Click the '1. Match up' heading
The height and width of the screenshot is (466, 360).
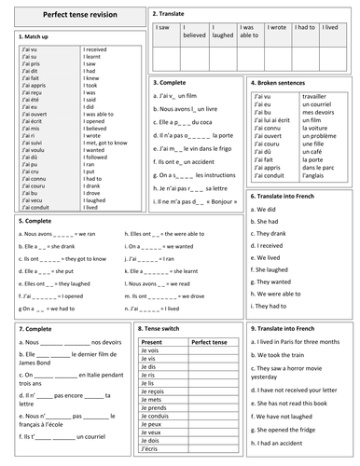[x=35, y=36]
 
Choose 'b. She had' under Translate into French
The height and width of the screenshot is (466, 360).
[x=267, y=222]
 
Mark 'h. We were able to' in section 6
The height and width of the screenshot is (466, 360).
[x=278, y=293]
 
